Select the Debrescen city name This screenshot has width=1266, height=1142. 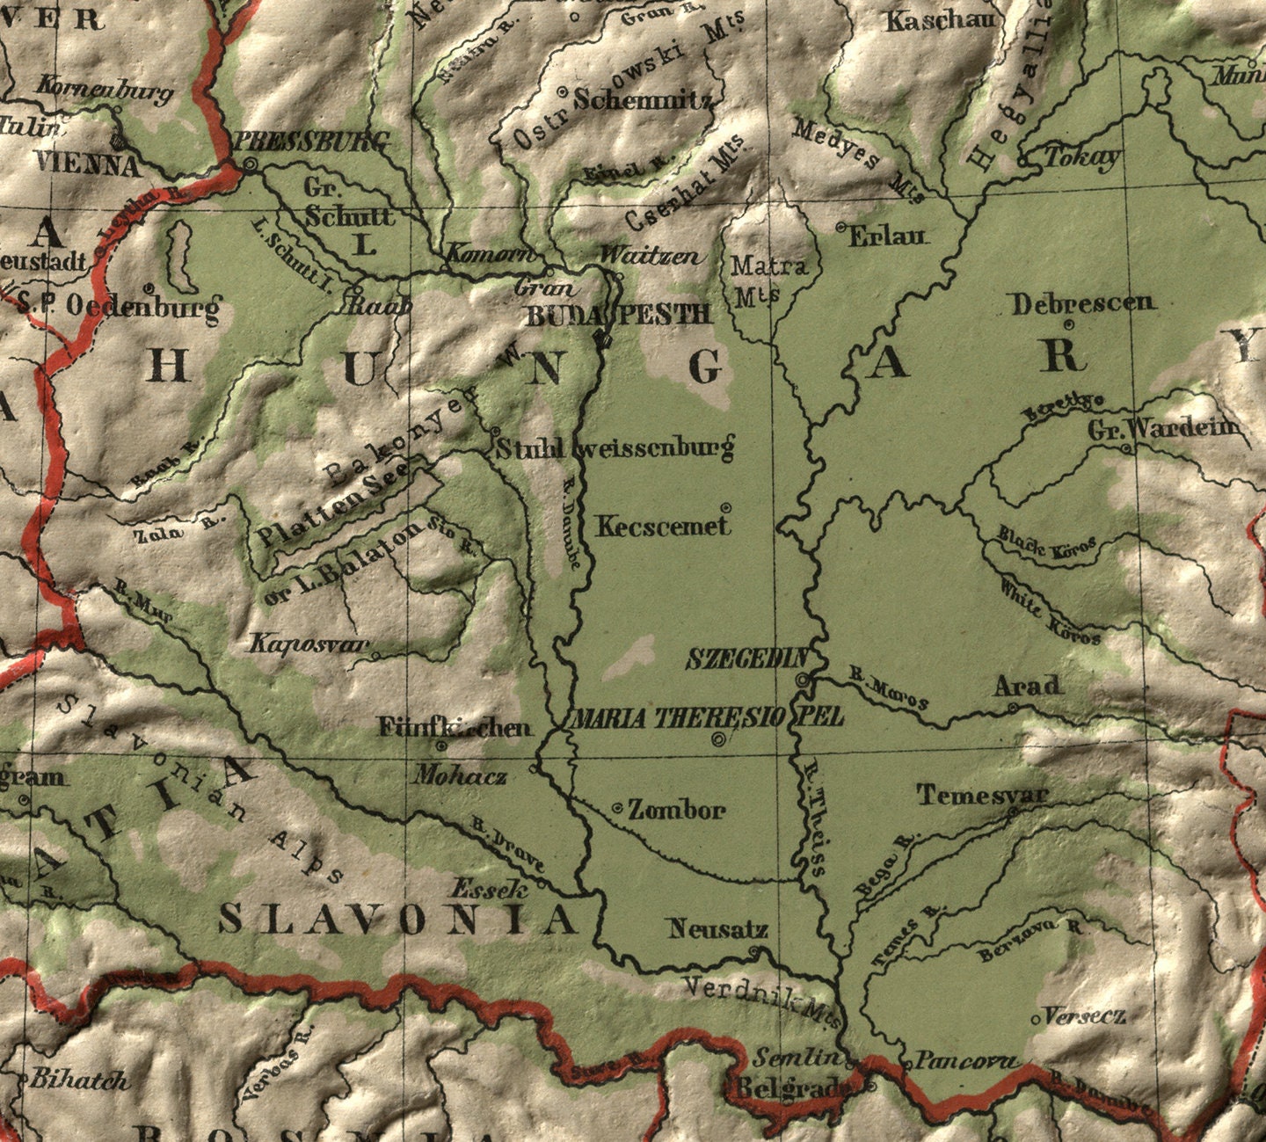(1082, 304)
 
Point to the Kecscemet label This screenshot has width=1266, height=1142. (664, 527)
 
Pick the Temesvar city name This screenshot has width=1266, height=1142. (983, 796)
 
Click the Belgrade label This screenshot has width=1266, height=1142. (791, 1088)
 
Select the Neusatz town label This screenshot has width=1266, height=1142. (718, 929)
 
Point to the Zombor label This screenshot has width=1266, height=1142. (676, 811)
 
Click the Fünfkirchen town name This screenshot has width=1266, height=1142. (455, 728)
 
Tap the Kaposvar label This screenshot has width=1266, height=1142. (309, 644)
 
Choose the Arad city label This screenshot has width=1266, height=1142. (1027, 687)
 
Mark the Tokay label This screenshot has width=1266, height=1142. (1082, 158)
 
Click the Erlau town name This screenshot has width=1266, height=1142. (887, 236)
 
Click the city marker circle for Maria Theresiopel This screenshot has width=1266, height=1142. (719, 739)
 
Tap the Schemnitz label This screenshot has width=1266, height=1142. (643, 99)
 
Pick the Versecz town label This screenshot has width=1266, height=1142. (1086, 1016)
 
